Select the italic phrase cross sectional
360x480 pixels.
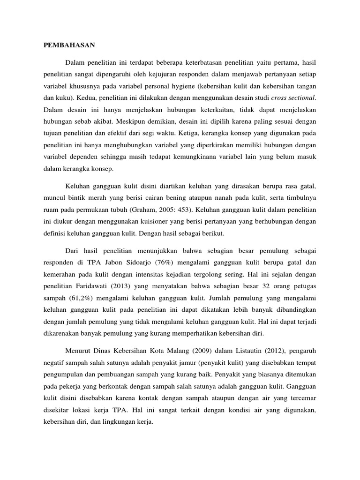coord(295,98)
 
